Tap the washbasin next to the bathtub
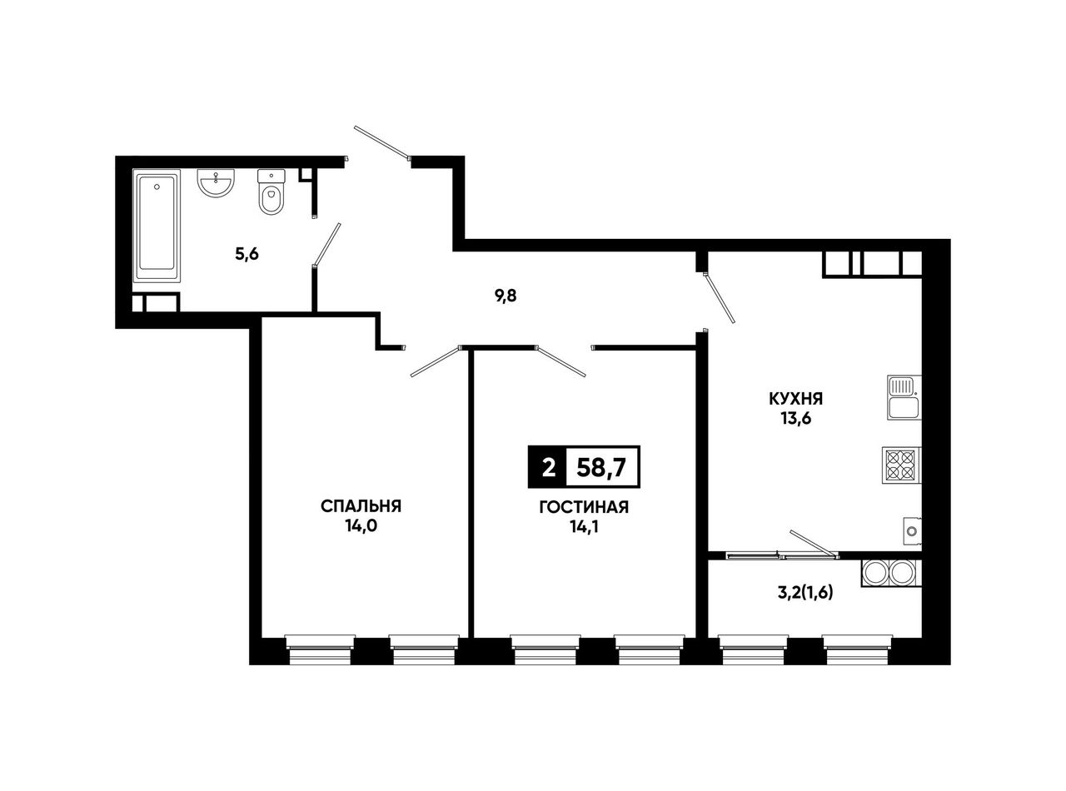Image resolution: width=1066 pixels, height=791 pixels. pos(216,183)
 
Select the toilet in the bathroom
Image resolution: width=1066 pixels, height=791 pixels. pos(271,192)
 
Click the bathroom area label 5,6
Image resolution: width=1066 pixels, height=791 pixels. pos(247,254)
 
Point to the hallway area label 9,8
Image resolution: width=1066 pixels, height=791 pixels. pos(506,296)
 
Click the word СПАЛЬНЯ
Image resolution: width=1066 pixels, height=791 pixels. pos(361,506)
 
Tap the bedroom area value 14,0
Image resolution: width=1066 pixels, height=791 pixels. pos(361,526)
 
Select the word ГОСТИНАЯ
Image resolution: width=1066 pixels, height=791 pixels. pos(584,507)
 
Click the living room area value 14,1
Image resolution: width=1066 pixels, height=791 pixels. pos(584,527)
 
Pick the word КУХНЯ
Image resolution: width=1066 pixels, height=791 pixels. pos(796,398)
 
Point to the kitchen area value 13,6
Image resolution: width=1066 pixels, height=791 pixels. pos(796,419)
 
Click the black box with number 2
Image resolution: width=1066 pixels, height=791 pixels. pos(547,467)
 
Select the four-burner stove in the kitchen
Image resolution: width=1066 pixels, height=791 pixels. pos(901,465)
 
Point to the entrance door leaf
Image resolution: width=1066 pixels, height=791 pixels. pos(382,142)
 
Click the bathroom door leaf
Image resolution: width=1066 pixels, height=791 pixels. pos(326,245)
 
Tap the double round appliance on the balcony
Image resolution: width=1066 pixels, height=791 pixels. pos(891,573)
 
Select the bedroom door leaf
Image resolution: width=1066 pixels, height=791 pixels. pos(436,361)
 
